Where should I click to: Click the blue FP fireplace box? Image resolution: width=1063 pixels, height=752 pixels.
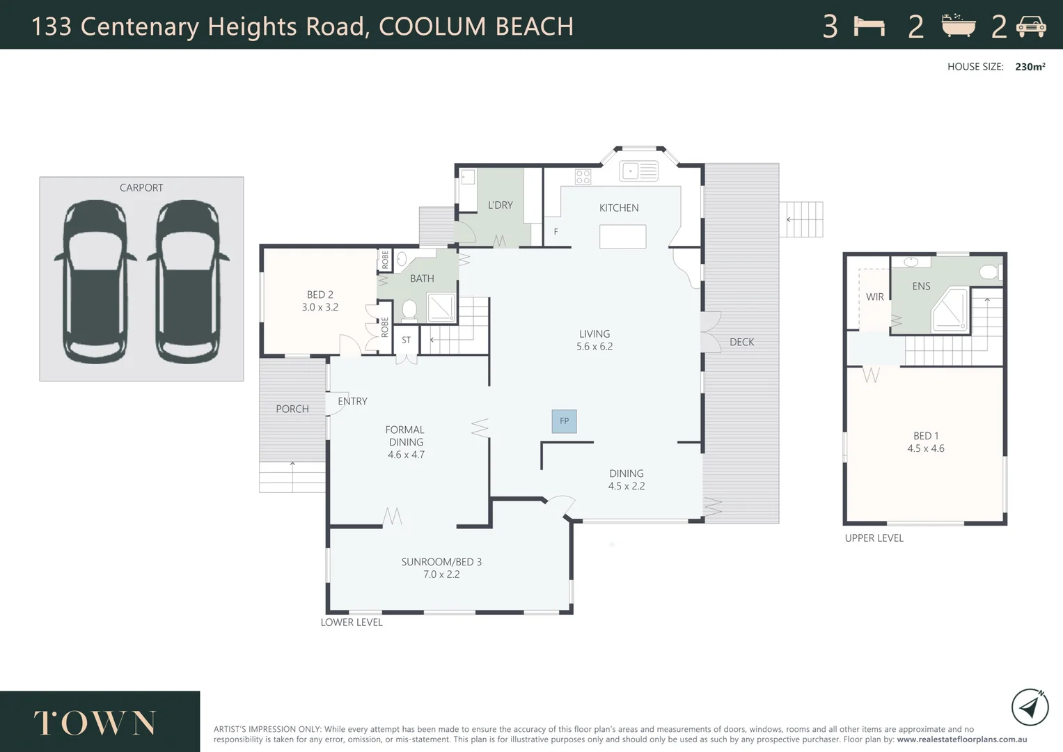[x=565, y=421]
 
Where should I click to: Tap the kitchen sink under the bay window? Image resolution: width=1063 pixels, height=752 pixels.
[x=639, y=171]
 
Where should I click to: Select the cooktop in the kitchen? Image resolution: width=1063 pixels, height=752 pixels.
[x=583, y=177]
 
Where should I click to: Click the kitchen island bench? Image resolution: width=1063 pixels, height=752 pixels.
[x=622, y=237]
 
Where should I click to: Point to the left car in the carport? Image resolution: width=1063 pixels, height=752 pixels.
[x=95, y=281]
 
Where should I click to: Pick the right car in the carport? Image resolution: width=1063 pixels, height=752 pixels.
[x=188, y=281]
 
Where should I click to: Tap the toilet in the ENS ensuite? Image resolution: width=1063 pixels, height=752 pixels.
[x=991, y=272]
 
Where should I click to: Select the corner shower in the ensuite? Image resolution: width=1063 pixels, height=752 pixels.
[x=950, y=311]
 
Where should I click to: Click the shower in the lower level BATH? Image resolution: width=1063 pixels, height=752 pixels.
[x=441, y=308]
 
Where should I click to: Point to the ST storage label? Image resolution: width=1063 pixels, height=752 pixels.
[x=407, y=340]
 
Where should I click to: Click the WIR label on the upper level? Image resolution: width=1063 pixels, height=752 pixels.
[x=874, y=297]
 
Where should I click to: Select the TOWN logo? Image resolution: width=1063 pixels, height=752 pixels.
[x=95, y=723]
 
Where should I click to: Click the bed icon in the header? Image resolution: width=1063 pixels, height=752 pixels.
[x=869, y=26]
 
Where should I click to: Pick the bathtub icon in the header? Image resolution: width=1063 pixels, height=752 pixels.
[x=959, y=25]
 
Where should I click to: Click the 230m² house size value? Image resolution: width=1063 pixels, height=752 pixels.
[x=1030, y=67]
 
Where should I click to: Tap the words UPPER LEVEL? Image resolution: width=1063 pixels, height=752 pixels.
[x=874, y=538]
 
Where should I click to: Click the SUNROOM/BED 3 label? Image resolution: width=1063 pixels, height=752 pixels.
[x=441, y=562]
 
